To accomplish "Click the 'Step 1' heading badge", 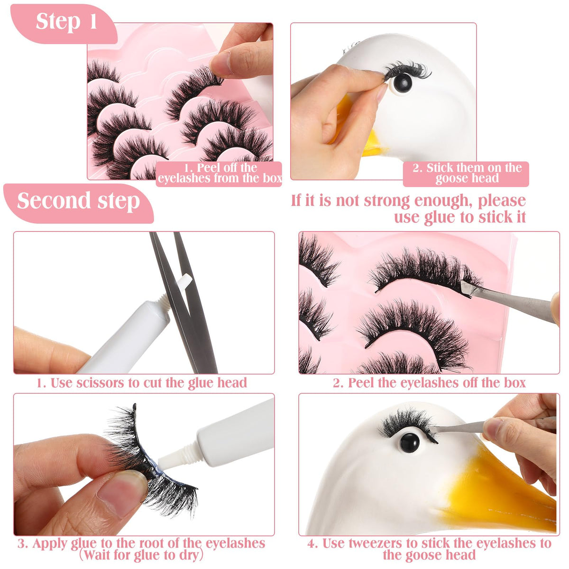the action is pos(64,24).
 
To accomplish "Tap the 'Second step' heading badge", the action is pos(78,203).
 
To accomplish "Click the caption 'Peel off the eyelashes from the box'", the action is pos(219,174).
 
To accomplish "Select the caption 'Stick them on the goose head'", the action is pos(466,174).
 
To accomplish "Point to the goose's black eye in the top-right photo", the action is pos(403,83).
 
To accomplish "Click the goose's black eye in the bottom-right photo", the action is pos(410,442).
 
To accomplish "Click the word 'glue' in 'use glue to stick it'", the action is pos(440,217).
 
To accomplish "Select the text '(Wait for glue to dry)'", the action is pos(141,555).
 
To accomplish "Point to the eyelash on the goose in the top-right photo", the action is pos(407,70).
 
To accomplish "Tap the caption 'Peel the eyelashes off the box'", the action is pos(429,383).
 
